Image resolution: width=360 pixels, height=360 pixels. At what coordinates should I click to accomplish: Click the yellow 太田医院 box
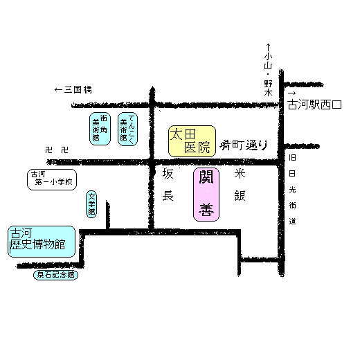[192, 141]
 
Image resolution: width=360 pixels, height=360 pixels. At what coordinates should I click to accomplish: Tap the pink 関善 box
[206, 195]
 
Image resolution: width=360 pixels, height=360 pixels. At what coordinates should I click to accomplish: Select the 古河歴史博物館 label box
[42, 242]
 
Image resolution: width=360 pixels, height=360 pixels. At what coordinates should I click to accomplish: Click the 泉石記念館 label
[55, 275]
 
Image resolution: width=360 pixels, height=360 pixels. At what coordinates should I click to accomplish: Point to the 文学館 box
[91, 204]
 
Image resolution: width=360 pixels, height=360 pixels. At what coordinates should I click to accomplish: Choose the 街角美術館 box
[100, 129]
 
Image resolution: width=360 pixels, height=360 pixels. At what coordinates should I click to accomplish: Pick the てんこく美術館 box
[127, 129]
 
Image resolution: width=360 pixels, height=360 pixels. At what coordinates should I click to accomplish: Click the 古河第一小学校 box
[52, 179]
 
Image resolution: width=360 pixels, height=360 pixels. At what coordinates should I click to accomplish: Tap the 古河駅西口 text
[314, 105]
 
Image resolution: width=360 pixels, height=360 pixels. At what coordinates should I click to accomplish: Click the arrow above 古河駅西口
[292, 93]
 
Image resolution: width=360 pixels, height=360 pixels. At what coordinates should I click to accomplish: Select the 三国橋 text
[78, 89]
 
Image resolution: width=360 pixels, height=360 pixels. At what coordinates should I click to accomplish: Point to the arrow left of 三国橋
[58, 89]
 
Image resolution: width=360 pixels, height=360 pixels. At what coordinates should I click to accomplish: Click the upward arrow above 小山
[268, 48]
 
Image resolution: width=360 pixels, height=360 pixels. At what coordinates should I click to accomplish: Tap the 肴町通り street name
[244, 145]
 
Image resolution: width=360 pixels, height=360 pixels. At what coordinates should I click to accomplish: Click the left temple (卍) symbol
[48, 150]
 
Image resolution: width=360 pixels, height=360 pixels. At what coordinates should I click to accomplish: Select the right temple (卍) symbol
[65, 150]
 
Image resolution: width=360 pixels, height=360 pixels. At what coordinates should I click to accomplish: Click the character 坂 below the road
[168, 174]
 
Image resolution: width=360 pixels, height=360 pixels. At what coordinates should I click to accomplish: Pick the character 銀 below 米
[240, 196]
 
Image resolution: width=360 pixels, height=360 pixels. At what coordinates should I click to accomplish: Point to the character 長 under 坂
[168, 196]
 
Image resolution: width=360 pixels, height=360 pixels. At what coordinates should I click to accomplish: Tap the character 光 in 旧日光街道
[292, 190]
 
